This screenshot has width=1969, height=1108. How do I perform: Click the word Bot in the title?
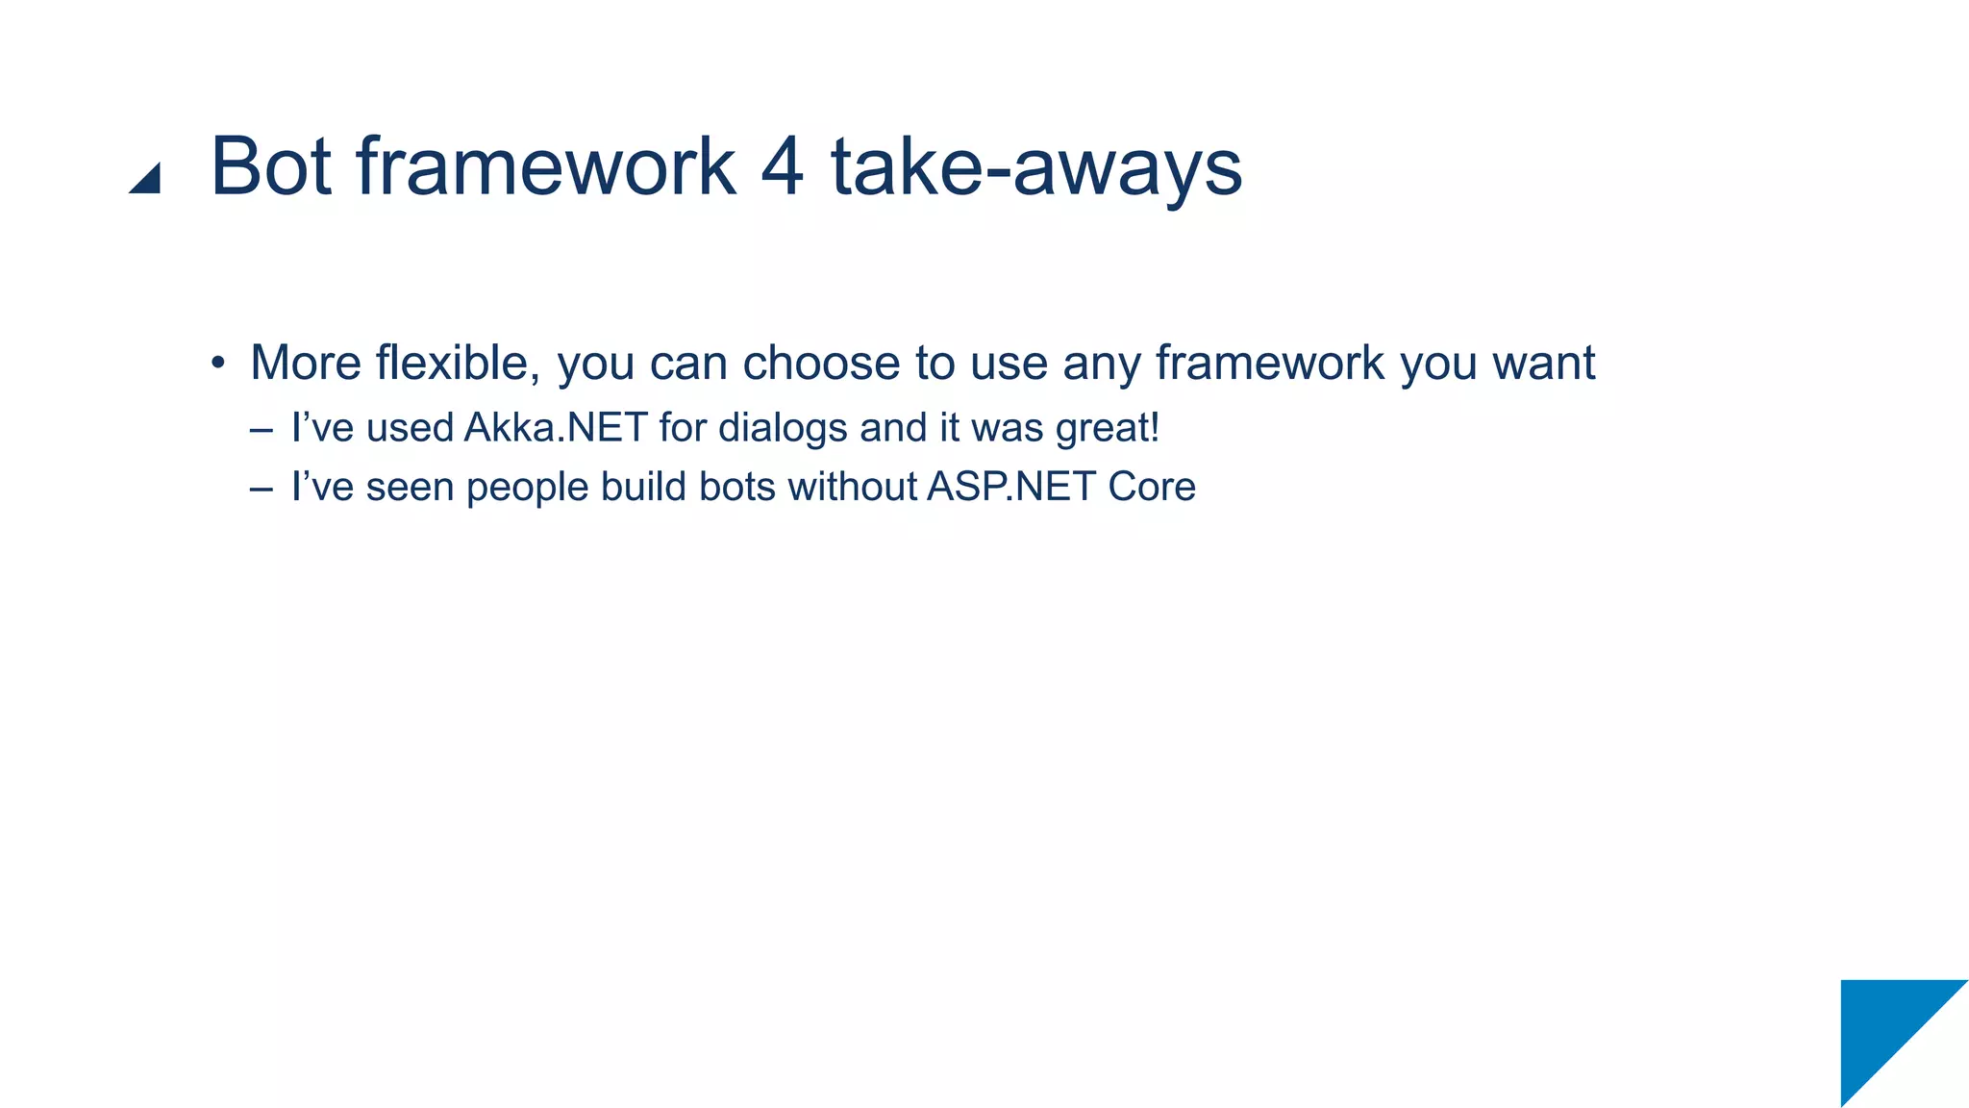[270, 167]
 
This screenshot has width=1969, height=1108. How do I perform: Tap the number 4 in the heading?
[781, 167]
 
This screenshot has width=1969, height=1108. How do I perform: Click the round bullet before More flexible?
[218, 365]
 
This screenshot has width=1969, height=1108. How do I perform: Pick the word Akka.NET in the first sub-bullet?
[555, 428]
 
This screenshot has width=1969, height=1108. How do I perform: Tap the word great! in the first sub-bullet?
[1108, 429]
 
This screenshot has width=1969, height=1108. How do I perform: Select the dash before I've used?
[261, 429]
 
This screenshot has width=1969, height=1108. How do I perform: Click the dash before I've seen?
[261, 488]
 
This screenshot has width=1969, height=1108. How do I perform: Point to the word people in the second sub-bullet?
[527, 489]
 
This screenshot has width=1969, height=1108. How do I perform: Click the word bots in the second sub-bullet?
[736, 487]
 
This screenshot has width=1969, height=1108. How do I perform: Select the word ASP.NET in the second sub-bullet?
[1010, 487]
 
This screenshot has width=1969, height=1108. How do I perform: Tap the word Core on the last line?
[1151, 487]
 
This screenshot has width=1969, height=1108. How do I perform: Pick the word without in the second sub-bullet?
[853, 487]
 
